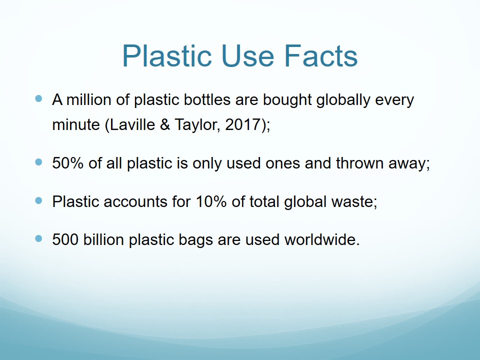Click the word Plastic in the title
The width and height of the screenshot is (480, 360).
[x=167, y=56]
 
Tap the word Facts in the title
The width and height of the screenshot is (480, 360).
[x=321, y=56]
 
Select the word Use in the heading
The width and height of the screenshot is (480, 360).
[x=248, y=56]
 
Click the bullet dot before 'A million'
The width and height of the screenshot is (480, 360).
[x=38, y=98]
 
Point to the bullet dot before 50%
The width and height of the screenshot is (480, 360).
[x=38, y=162]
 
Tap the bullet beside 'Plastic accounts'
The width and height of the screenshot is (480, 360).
[x=38, y=200]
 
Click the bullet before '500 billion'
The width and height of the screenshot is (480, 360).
[x=38, y=238]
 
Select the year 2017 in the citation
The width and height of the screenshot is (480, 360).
[x=242, y=124]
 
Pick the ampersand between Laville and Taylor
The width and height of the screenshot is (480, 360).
[x=164, y=124]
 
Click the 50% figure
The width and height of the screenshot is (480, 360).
[x=67, y=163]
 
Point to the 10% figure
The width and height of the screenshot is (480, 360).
[x=211, y=201]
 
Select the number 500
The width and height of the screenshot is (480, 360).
[x=65, y=239]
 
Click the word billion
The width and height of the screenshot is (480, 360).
[x=103, y=239]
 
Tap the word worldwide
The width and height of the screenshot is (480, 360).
[x=322, y=239]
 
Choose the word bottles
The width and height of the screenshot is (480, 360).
[x=207, y=100]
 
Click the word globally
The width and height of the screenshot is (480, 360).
[x=343, y=100]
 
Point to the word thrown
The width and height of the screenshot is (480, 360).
[x=359, y=163]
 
